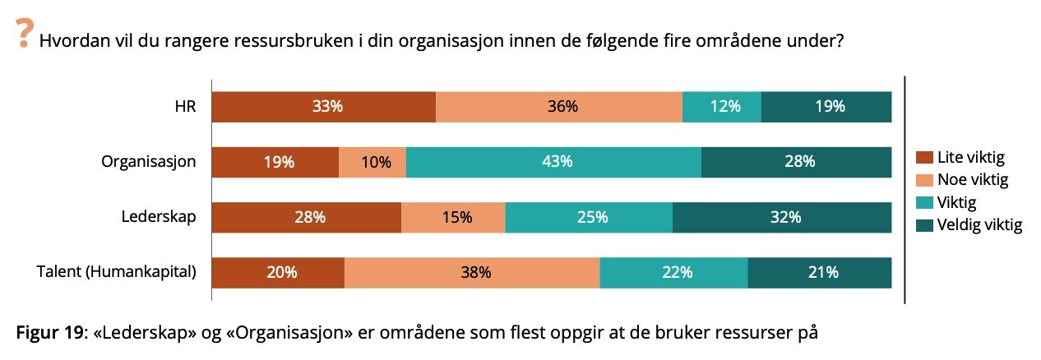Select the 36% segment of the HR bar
click(x=559, y=107)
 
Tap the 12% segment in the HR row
click(x=722, y=107)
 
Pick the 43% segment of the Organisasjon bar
click(x=553, y=162)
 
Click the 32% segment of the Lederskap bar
click(x=782, y=217)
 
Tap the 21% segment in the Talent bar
click(x=820, y=272)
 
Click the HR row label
click(x=186, y=107)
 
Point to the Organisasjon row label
click(x=149, y=162)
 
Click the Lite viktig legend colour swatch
click(x=923, y=158)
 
